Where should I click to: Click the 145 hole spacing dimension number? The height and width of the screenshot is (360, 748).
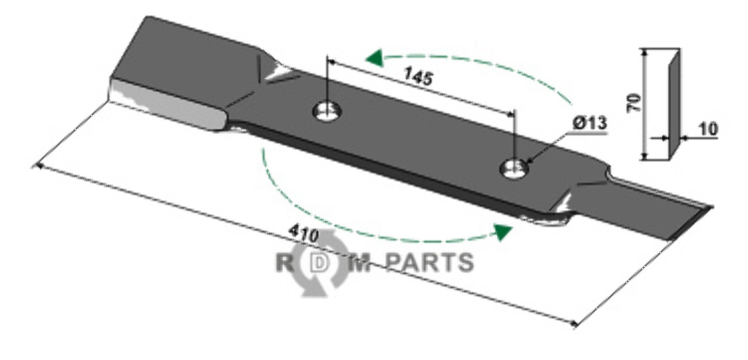418,78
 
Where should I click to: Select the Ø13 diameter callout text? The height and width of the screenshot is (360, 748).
590,123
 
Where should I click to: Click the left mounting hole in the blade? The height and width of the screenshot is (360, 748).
325,111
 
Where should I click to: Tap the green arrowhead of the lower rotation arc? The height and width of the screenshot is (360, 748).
504,231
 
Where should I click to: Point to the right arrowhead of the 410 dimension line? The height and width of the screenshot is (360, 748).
574,324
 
